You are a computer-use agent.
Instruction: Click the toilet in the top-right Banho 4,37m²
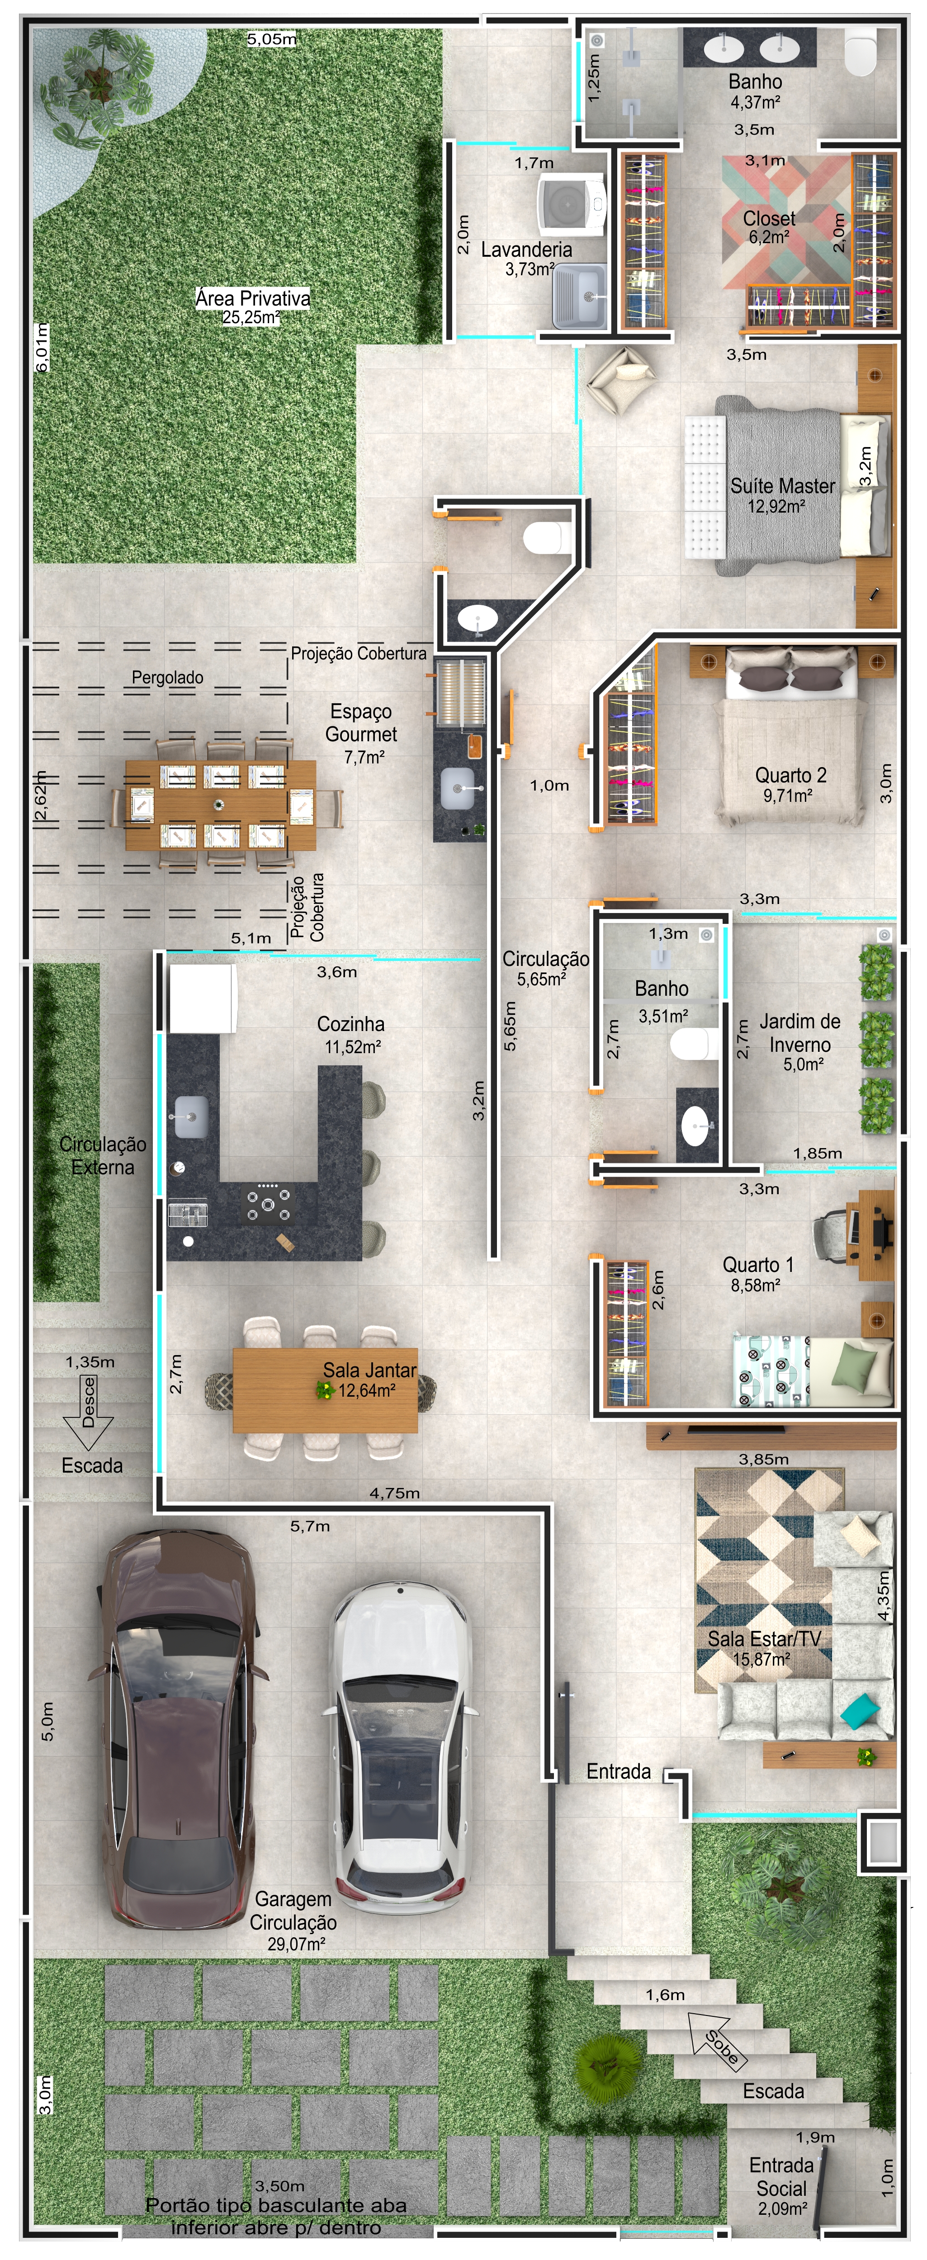point(860,52)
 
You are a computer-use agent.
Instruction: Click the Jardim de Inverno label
point(799,1033)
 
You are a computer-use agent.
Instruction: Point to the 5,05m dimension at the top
point(271,38)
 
